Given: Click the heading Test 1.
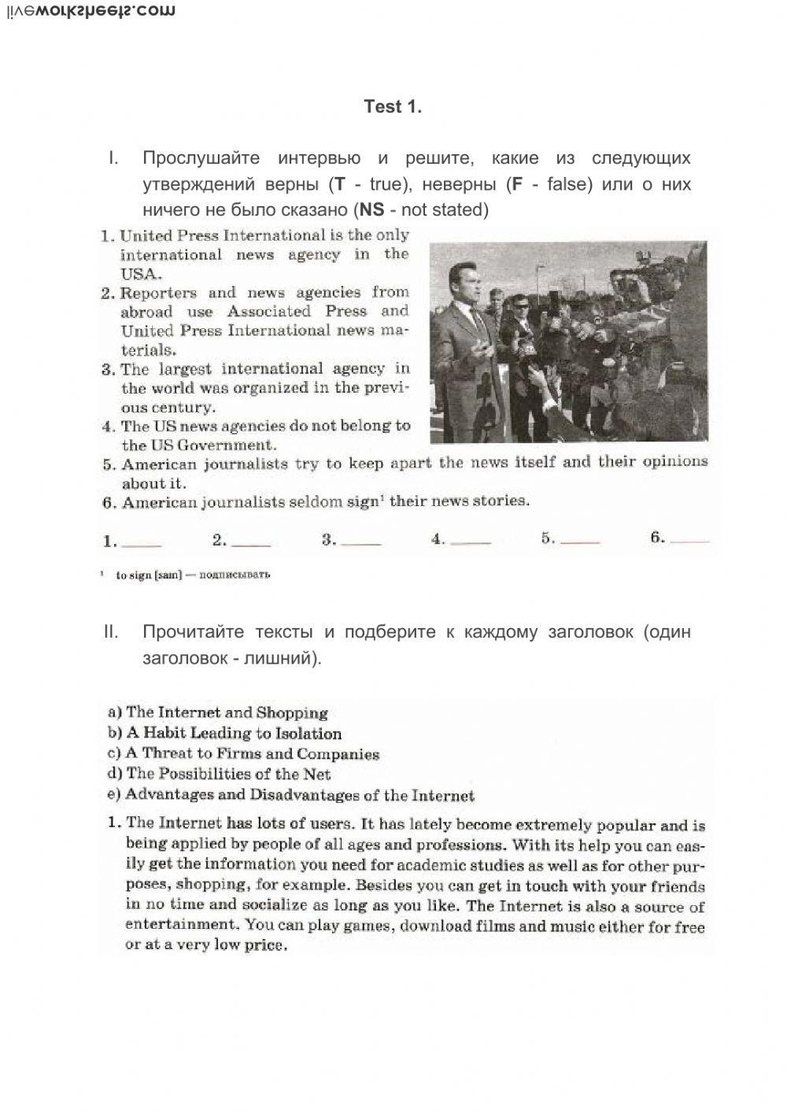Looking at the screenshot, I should tap(393, 106).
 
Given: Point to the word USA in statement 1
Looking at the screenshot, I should tap(141, 274).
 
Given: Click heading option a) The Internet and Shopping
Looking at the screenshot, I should tap(217, 712).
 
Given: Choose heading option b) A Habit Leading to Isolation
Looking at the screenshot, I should tap(224, 734).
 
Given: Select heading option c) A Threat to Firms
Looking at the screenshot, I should tap(243, 754).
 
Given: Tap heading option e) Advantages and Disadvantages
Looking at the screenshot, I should tap(290, 796).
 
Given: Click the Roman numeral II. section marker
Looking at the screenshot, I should tap(111, 632).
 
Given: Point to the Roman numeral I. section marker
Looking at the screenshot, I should tap(113, 158).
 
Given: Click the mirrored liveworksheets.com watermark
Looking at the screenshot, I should tap(89, 11).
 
